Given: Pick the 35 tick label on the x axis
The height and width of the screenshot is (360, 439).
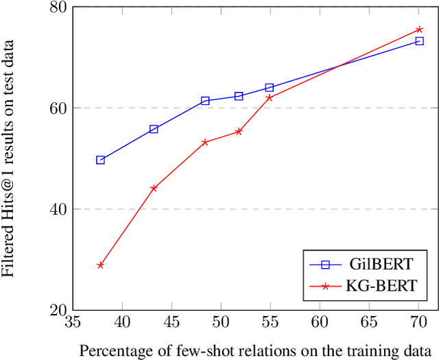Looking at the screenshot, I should [73, 322].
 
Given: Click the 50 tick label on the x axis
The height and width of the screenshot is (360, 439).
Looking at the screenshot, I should [221, 322].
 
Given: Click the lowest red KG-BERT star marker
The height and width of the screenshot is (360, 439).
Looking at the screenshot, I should [100, 265].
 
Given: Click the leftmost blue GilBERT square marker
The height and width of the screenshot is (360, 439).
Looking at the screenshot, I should [100, 160].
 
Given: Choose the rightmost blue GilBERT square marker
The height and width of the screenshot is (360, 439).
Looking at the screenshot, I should [420, 41].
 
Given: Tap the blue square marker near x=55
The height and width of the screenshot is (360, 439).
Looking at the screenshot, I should [269, 88].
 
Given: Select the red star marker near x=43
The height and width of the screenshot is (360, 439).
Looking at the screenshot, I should [154, 188].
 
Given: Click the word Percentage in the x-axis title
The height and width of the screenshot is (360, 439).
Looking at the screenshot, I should [111, 350].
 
